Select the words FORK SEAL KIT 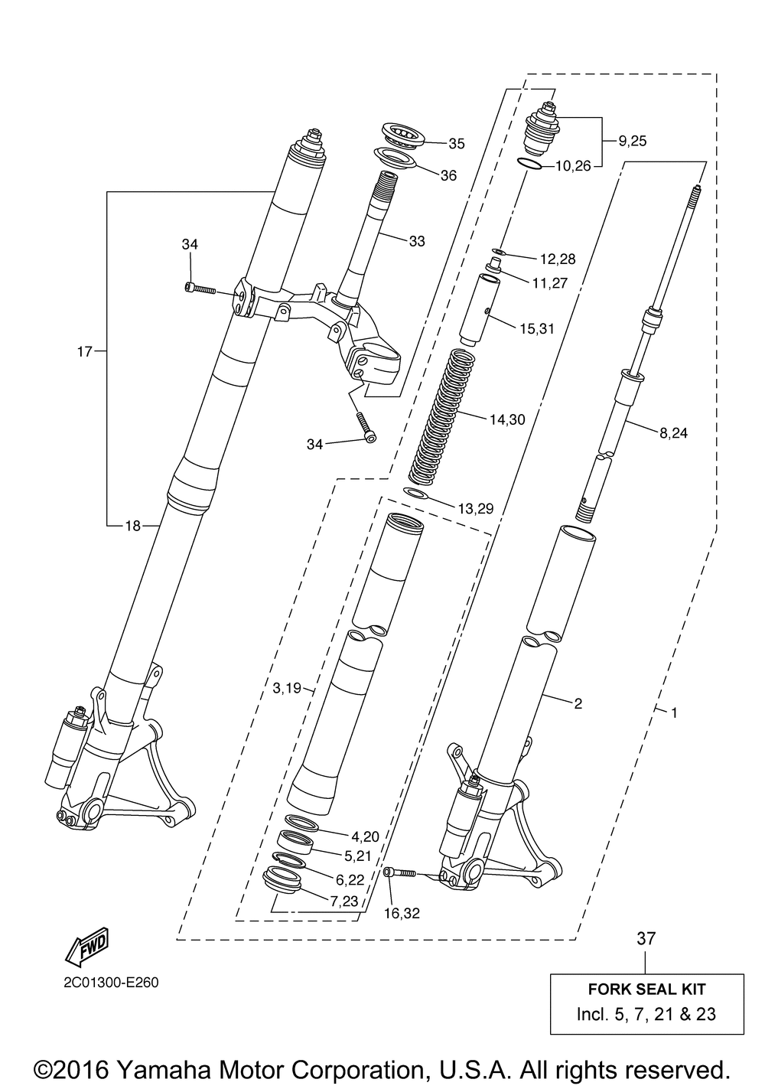point(646,990)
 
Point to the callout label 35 point(456,143)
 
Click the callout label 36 point(448,175)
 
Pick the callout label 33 point(417,241)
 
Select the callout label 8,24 point(673,433)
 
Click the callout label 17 point(84,352)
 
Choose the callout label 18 point(132,525)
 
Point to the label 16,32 point(402,913)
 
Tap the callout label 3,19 point(287,688)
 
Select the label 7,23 point(344,902)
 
